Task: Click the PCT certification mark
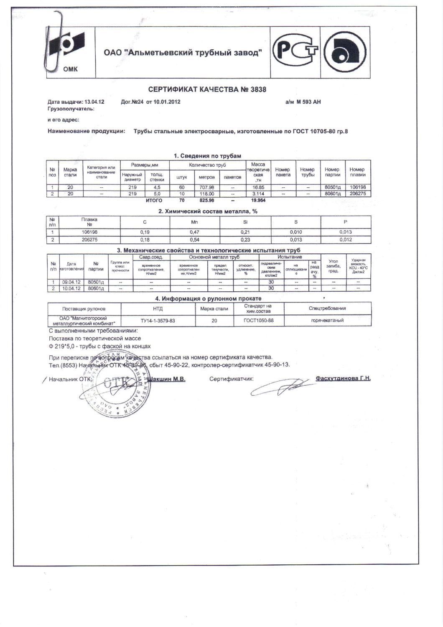click(295, 51)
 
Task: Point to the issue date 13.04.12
click(94, 102)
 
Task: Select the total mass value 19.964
click(258, 201)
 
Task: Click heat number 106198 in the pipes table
click(358, 188)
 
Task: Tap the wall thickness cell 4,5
click(157, 188)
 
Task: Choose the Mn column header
click(194, 222)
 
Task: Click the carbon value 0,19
click(145, 232)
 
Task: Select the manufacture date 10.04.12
click(71, 288)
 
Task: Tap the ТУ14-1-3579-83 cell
click(158, 321)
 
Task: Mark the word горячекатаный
click(327, 321)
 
